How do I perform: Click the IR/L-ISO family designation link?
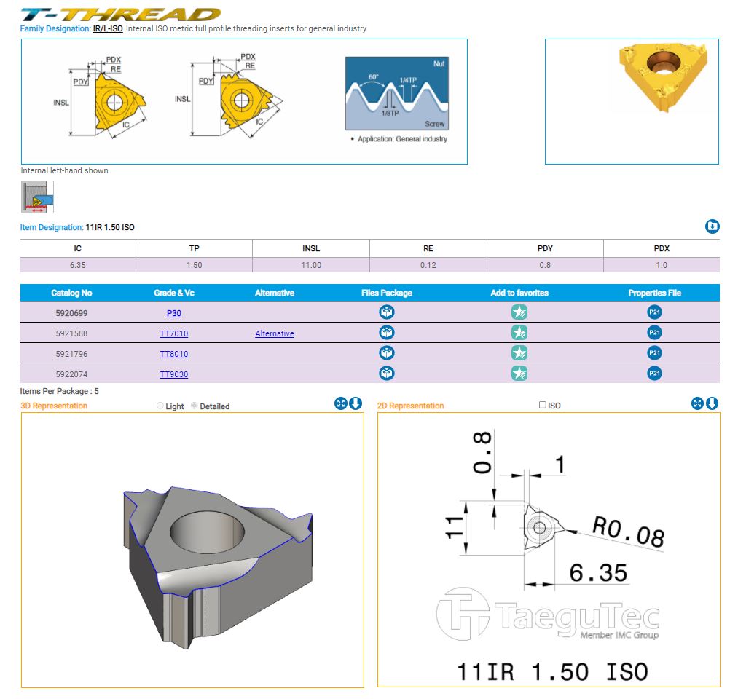click(x=108, y=28)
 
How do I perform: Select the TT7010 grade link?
click(x=173, y=333)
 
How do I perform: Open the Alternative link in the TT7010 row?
click(x=275, y=333)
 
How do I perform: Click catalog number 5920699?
click(x=71, y=313)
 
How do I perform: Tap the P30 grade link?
click(x=173, y=313)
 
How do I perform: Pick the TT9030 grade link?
click(x=173, y=374)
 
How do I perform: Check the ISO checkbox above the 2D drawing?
click(x=542, y=405)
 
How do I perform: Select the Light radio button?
click(x=160, y=406)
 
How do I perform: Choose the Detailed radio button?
click(x=194, y=406)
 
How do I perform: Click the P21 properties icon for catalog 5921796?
click(x=654, y=353)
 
